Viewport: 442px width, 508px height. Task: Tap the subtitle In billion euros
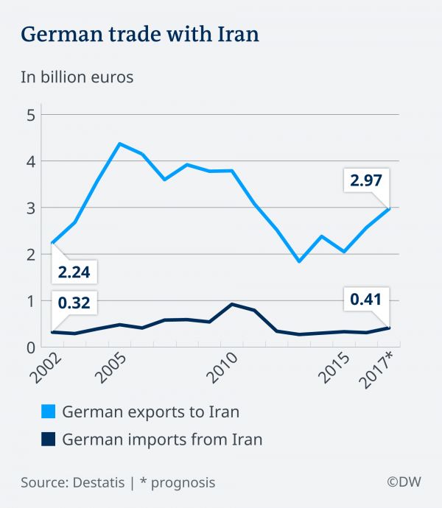pos(77,77)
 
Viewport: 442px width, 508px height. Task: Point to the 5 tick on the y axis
pos(30,115)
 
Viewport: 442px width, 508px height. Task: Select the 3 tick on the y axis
pos(30,208)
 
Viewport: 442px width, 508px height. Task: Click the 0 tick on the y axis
pos(30,348)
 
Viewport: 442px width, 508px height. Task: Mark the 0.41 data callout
pos(364,300)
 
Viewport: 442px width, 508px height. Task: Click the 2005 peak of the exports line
pos(120,144)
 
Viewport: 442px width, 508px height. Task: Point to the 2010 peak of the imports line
pos(233,304)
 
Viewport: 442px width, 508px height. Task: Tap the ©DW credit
pos(403,483)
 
